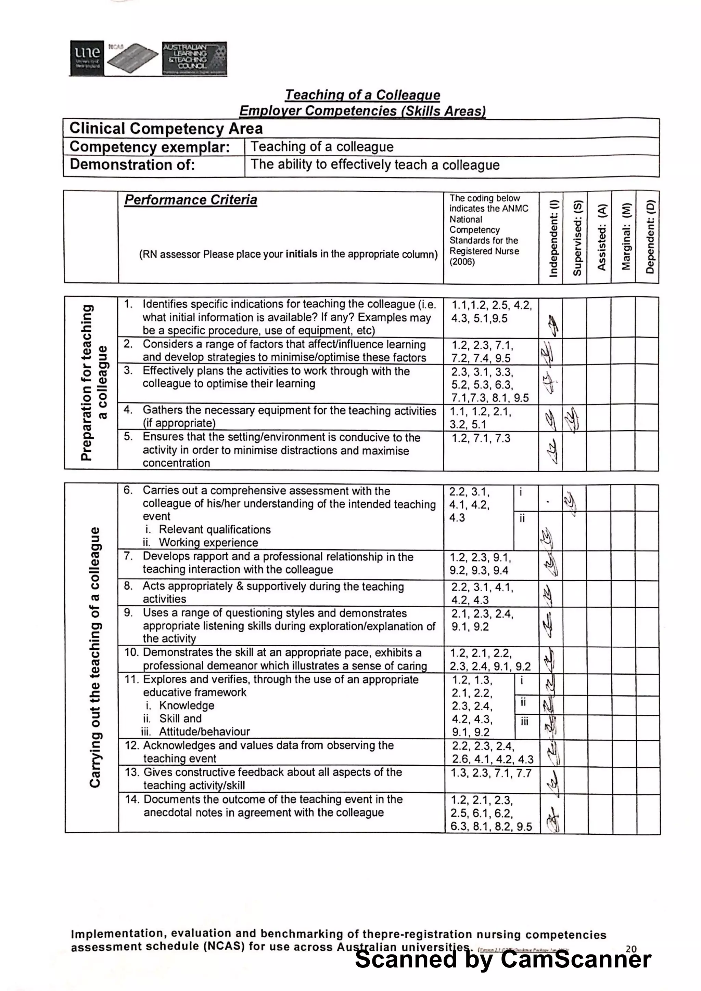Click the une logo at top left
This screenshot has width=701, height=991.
[x=87, y=58]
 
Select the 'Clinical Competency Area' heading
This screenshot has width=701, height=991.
[x=166, y=128]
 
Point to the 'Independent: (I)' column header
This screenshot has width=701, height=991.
[x=553, y=237]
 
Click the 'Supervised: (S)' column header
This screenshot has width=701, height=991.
[x=577, y=237]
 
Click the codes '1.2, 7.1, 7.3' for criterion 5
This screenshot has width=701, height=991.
[x=481, y=438]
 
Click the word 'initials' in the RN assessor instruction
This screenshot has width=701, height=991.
[x=301, y=254]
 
